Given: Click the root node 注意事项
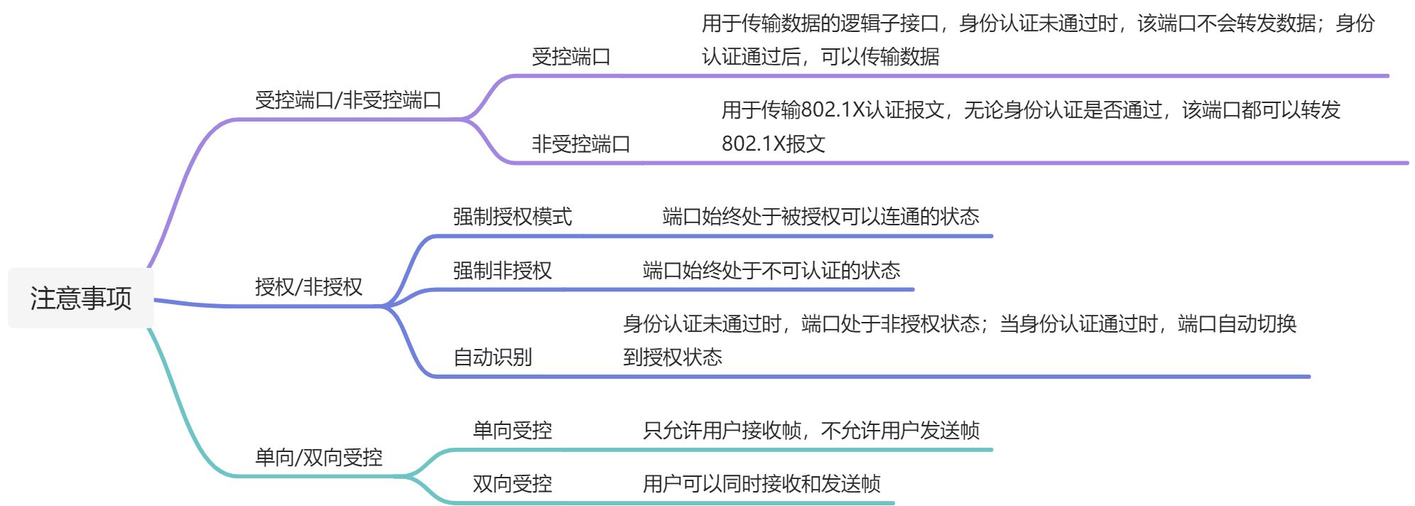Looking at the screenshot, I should point(80,298).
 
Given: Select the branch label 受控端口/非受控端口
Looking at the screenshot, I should point(348,100).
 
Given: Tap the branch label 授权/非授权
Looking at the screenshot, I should point(308,286).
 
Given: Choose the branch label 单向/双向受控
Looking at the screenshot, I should point(318,457).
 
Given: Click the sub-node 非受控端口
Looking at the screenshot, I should point(580,144).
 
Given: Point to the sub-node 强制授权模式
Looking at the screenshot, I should point(512,216).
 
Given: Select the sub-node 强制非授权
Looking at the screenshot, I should point(502,270).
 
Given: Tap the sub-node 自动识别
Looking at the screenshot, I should point(492,357).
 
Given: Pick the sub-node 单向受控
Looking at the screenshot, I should point(512,430).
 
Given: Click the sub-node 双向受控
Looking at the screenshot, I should point(512,483).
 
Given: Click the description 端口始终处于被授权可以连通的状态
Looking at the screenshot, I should point(820,216).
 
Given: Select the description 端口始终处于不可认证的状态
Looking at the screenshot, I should point(771,270).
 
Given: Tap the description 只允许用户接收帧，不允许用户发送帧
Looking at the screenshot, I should point(810,430).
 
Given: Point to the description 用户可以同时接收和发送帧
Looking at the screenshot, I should point(761,483).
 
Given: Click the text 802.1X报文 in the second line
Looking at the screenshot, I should point(773,144).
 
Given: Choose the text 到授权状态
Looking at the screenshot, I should point(672,357).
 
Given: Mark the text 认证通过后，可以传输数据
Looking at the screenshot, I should point(820,56).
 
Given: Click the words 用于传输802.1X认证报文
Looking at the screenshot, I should point(833,110).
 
